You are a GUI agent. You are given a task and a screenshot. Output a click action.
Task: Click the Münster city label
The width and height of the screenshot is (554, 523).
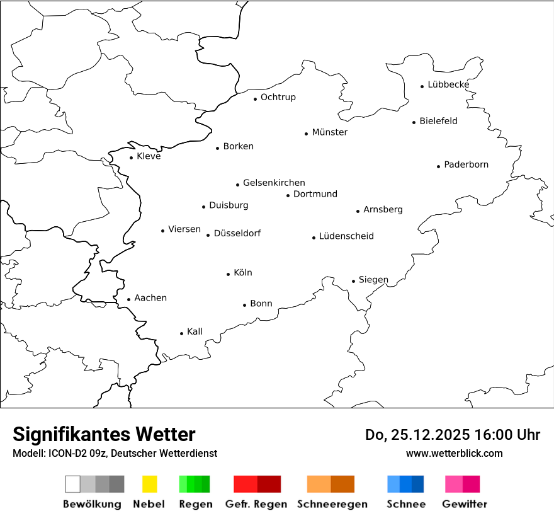click(x=329, y=132)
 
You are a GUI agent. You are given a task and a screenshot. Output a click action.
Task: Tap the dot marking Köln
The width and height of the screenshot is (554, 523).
click(x=229, y=274)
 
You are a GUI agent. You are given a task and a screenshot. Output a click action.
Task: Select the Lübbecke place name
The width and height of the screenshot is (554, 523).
click(x=448, y=84)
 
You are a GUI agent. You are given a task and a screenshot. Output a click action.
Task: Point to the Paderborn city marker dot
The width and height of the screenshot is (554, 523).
click(x=439, y=166)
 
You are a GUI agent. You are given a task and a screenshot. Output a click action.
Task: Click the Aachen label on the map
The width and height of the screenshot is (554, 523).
click(x=150, y=298)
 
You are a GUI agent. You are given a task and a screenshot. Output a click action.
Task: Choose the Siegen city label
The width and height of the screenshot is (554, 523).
click(x=373, y=280)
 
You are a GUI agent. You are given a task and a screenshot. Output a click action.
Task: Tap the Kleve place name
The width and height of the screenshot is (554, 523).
click(x=149, y=156)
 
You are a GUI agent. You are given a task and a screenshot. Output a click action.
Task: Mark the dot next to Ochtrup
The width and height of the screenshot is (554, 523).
click(x=256, y=99)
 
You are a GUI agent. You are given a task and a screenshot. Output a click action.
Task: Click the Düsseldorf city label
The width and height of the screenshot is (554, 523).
click(x=237, y=233)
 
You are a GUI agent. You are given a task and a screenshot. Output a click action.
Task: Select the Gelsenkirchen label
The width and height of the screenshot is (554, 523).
click(x=274, y=183)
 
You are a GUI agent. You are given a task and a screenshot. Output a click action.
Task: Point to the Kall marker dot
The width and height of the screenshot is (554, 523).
click(x=182, y=333)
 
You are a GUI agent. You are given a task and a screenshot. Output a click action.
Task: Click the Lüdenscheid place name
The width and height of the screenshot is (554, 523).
click(x=346, y=236)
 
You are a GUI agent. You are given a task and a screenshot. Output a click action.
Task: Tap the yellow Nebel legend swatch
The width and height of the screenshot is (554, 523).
click(x=149, y=484)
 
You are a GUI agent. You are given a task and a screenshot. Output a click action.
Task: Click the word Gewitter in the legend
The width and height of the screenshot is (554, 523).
click(x=465, y=504)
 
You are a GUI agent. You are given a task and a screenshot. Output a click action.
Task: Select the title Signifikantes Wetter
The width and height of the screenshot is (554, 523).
click(x=104, y=434)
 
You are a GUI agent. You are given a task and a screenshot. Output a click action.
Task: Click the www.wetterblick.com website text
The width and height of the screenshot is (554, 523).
click(x=454, y=453)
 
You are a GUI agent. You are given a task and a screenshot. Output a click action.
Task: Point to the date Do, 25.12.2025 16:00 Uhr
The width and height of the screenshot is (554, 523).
click(x=453, y=435)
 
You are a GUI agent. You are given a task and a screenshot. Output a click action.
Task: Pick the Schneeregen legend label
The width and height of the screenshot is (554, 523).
click(x=332, y=504)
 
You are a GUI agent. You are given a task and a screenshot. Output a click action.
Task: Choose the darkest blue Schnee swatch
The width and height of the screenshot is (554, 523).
click(x=418, y=484)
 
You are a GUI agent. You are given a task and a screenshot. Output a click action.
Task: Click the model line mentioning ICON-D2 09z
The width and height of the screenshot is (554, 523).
click(x=115, y=453)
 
